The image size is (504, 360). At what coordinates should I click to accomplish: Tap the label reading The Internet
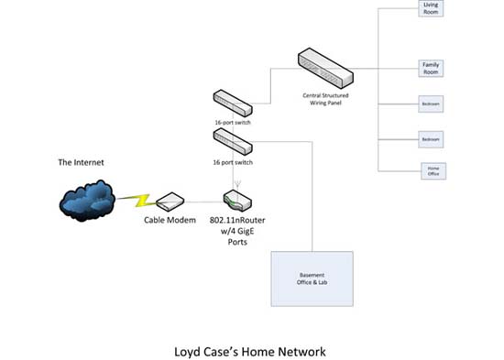click(x=82, y=162)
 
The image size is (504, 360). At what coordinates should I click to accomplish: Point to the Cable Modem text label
click(x=170, y=221)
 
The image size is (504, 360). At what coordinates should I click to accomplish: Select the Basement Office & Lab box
click(x=312, y=278)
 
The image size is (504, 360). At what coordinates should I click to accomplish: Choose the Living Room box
click(x=430, y=8)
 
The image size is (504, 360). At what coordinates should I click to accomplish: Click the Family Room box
click(x=430, y=69)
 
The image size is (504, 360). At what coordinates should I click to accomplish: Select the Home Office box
click(x=433, y=169)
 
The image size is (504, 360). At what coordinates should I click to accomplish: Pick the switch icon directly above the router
click(x=234, y=140)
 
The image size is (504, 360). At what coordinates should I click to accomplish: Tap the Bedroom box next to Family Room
click(x=430, y=104)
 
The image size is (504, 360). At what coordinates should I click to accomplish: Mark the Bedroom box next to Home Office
click(x=430, y=138)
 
